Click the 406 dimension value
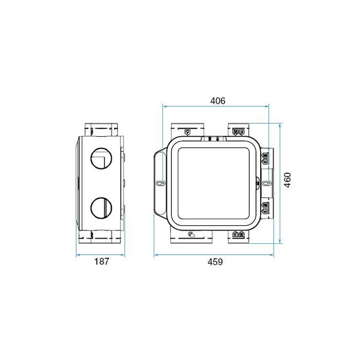click(x=218, y=101)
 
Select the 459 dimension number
click(x=215, y=262)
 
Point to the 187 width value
click(x=102, y=262)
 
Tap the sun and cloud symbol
click(x=192, y=234)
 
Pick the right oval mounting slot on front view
click(x=265, y=184)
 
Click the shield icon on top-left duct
click(x=187, y=132)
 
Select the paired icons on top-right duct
click(x=238, y=132)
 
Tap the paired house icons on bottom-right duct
click(x=238, y=235)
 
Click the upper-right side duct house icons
click(x=265, y=157)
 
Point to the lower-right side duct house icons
click(x=265, y=208)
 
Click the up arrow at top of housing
click(x=218, y=139)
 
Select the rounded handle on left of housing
click(x=159, y=184)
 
